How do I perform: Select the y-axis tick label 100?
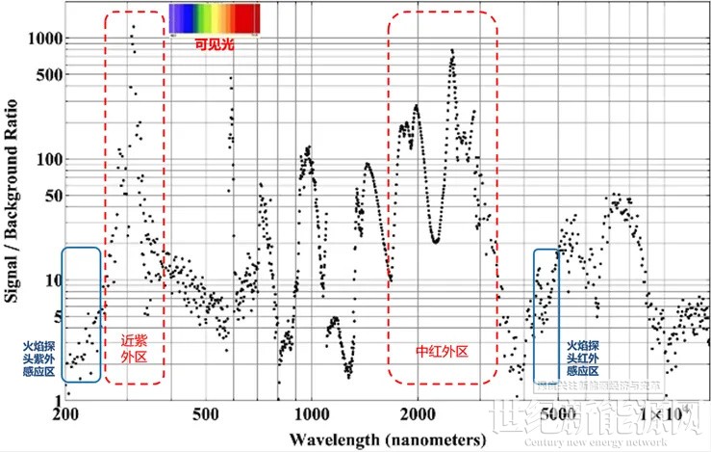click(48, 159)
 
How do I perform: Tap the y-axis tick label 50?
click(52, 196)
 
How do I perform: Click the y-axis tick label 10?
click(52, 280)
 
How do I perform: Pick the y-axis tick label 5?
click(56, 317)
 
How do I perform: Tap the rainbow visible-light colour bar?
click(214, 18)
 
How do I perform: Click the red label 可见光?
click(214, 43)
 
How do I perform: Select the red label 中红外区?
click(443, 353)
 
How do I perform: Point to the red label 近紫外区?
click(133, 348)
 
